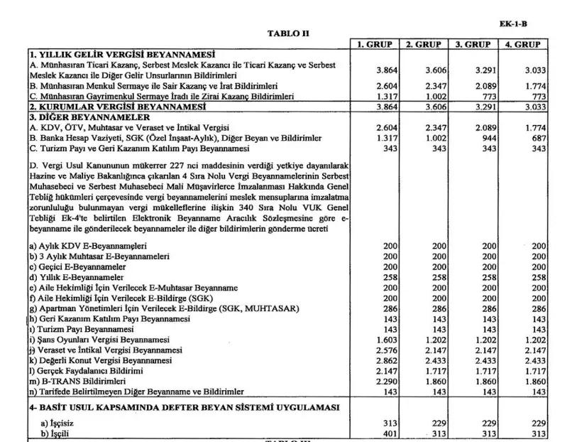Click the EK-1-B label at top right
pos(512,23)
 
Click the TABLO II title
pos(288,33)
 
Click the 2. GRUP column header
pos(424,44)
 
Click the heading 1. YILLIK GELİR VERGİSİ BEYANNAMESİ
pos(122,54)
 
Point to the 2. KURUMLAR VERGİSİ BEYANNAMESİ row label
pos(113,106)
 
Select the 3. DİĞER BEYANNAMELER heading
pos(89,117)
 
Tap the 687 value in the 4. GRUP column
pos(538,137)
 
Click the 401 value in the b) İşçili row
pos(389,433)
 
